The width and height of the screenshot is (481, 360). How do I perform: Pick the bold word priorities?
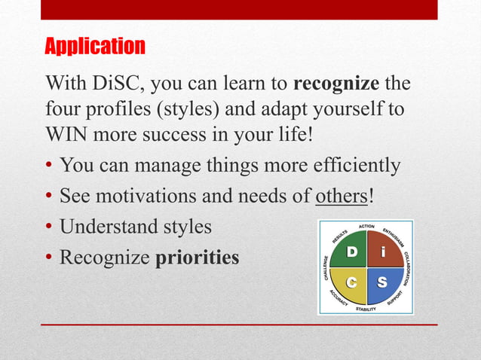198,257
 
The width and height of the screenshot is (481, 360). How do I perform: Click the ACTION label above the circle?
366,227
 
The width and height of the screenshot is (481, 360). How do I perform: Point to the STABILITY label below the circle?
366,309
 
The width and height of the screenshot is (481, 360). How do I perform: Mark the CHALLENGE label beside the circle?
326,267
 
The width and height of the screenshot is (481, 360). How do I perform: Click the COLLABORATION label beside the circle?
406,269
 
